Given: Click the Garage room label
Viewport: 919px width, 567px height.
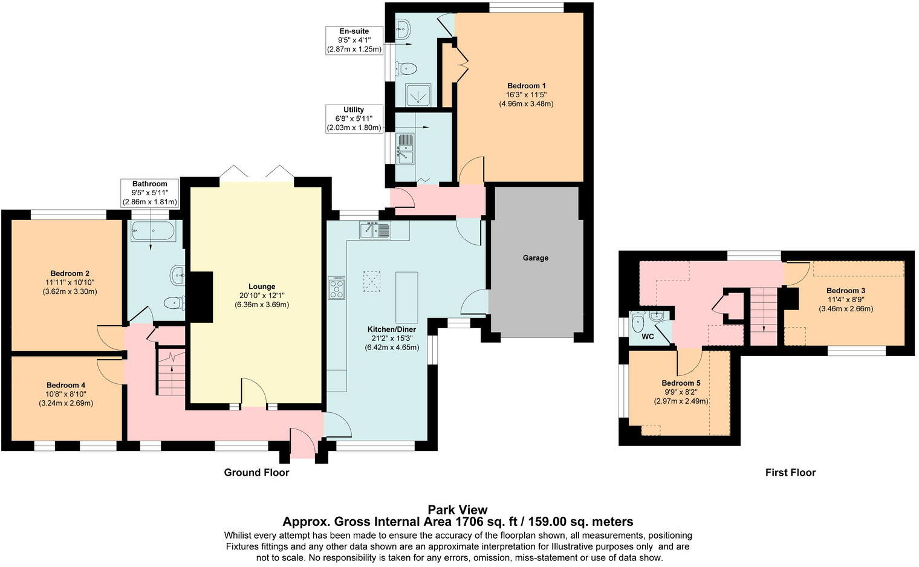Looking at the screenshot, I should [535, 258].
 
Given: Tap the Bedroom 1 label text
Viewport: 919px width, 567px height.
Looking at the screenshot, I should [526, 86].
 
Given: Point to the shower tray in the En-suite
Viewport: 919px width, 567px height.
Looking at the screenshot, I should [418, 96].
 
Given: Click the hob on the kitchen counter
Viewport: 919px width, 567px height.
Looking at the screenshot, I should [336, 288].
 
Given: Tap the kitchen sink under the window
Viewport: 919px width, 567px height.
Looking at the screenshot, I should [375, 230].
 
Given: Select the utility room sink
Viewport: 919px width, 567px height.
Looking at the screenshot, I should [404, 149].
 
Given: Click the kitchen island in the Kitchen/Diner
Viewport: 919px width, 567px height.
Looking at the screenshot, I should [407, 297].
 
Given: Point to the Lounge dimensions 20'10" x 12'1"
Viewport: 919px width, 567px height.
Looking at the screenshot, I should [262, 296].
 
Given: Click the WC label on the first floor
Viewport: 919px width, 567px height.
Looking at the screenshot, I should [648, 337].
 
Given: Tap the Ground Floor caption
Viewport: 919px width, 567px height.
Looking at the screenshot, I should [256, 473].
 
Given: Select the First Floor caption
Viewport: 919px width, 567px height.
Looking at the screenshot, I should [790, 473].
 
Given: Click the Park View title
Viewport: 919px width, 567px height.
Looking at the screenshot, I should [458, 510].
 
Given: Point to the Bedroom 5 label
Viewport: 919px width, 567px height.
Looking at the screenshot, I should [681, 383].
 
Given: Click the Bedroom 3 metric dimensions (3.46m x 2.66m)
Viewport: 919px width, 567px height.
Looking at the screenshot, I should [846, 309].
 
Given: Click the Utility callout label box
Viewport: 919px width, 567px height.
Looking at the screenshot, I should [354, 118].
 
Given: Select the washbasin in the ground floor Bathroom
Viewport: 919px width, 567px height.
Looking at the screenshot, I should [178, 275].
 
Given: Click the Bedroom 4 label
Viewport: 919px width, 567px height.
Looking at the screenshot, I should [66, 385].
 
